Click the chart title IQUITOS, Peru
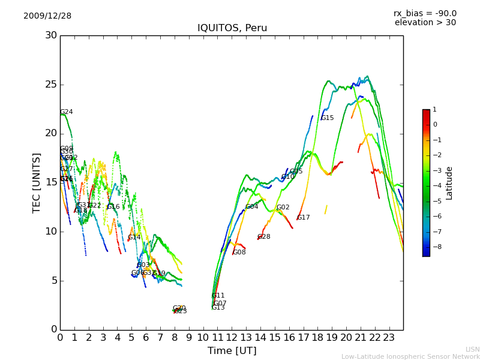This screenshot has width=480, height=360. tap(232, 28)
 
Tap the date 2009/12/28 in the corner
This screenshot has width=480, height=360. tap(47, 16)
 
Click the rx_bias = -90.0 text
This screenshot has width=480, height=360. tap(425, 13)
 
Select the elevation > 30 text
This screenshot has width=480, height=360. tap(425, 23)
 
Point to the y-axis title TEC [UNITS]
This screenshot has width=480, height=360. tap(37, 182)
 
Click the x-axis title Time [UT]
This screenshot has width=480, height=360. tap(232, 350)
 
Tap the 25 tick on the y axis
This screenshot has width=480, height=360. tap(51, 85)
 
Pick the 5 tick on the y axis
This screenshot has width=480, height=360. tap(54, 280)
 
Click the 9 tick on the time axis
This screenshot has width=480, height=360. tap(189, 337)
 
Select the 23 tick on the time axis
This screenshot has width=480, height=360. tap(389, 337)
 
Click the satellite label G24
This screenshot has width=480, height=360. tap(67, 112)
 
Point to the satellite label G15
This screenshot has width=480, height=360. tap(327, 118)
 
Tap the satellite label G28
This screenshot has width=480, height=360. tap(264, 237)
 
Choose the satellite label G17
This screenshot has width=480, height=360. tap(304, 218)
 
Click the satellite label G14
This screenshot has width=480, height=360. tap(134, 238)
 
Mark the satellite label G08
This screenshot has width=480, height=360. tap(239, 253)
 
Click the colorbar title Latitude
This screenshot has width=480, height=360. tap(449, 183)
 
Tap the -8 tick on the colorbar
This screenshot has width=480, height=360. tap(435, 247)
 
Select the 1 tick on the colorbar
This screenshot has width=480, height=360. tap(434, 110)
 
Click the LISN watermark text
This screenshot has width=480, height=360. tap(472, 349)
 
